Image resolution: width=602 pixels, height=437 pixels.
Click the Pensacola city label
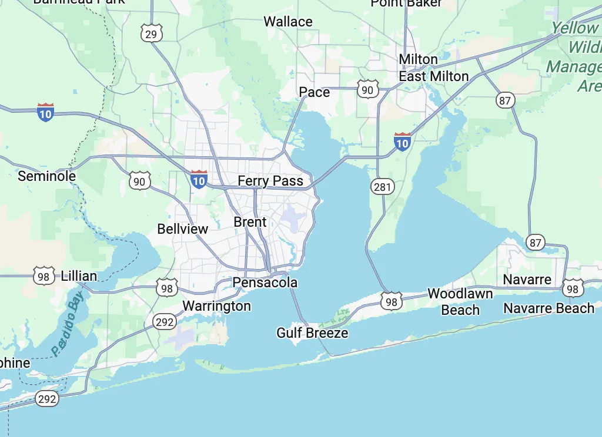(265, 283)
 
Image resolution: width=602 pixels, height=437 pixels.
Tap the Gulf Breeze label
(312, 333)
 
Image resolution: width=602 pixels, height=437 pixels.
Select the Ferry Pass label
(270, 181)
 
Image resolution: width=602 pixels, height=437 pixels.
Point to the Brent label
(250, 222)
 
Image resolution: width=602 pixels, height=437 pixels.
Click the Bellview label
(183, 228)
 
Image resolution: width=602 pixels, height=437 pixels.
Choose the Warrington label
(216, 306)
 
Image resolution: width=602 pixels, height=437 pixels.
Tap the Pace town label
(315, 92)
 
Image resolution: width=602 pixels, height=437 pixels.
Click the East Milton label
(434, 76)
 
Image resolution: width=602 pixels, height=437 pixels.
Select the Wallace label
(288, 22)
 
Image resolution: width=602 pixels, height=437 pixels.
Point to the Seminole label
(47, 176)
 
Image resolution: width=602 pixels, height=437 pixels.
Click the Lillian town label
(79, 276)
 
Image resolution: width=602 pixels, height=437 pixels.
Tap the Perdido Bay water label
(67, 327)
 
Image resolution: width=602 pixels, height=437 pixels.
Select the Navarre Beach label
(549, 308)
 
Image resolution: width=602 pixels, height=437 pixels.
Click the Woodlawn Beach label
(460, 301)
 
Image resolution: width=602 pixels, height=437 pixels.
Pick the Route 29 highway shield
(151, 34)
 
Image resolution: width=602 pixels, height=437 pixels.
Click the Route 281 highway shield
(382, 187)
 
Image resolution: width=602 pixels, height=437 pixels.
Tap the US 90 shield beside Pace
(367, 90)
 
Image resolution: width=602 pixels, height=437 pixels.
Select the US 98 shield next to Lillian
(44, 275)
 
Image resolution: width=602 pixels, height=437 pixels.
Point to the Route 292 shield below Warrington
(164, 321)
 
